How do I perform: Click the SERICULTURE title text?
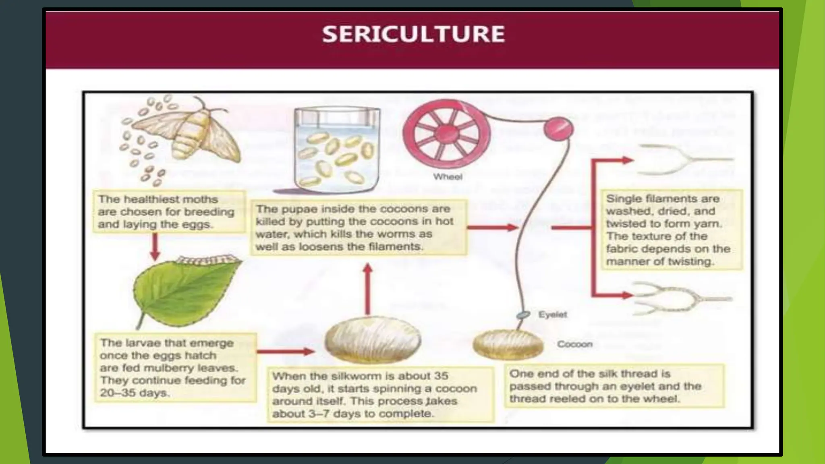click(413, 34)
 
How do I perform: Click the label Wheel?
click(448, 176)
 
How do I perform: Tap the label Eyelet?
click(552, 315)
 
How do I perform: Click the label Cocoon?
click(574, 344)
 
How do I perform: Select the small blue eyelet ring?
click(523, 315)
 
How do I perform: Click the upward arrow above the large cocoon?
click(367, 288)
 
